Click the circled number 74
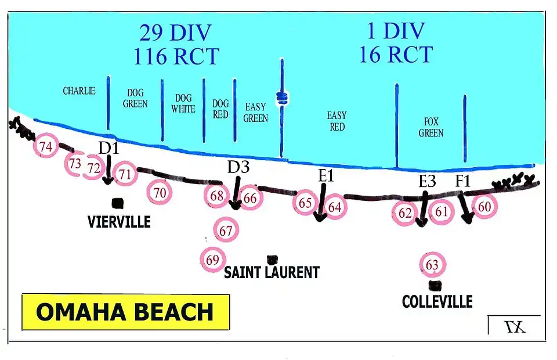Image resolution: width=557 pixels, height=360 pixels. click(x=46, y=147)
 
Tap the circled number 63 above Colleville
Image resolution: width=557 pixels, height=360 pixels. click(x=432, y=265)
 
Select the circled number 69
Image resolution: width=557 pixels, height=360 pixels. click(x=212, y=260)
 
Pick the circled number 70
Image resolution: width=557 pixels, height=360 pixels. click(x=160, y=192)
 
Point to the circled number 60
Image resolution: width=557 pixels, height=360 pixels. click(x=484, y=207)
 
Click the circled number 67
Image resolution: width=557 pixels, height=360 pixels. click(x=226, y=231)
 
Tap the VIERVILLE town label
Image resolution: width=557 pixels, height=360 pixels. click(x=119, y=221)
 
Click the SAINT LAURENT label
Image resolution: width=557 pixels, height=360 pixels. click(x=272, y=272)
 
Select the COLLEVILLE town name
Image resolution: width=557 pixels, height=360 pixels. click(x=437, y=301)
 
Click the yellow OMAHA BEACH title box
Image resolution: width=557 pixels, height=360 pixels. click(x=125, y=312)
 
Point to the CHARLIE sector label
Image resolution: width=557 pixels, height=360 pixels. click(x=79, y=91)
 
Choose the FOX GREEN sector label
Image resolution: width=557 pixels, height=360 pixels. click(x=431, y=127)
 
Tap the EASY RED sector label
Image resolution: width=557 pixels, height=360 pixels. click(x=337, y=121)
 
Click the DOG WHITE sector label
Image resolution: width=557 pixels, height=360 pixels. click(x=183, y=103)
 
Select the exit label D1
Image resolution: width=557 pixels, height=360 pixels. click(x=108, y=148)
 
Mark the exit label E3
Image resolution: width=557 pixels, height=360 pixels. click(x=427, y=181)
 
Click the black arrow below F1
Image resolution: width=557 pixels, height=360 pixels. click(x=466, y=207)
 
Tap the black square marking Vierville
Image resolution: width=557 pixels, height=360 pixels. click(x=118, y=203)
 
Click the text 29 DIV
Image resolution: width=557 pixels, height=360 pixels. click(x=175, y=33)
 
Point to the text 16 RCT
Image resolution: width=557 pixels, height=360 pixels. click(x=395, y=55)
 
